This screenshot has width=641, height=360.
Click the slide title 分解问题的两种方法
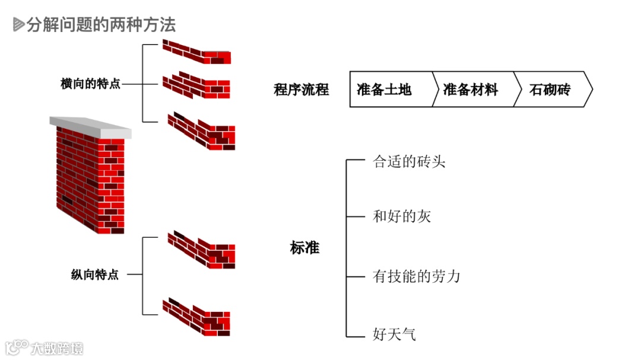coord(101,24)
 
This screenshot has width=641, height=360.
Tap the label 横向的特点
coord(90,84)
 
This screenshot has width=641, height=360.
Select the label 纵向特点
coord(95,275)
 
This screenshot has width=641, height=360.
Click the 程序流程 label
coord(301,90)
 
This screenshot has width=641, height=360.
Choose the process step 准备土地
coord(384,90)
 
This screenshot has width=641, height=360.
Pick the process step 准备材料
coord(471,90)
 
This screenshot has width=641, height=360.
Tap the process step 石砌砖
coord(550,90)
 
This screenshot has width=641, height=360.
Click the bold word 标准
coord(304,248)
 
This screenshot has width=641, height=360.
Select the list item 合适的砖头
coord(409,161)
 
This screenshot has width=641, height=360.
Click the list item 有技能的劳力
coord(417,276)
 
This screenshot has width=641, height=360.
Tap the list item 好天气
coord(395,334)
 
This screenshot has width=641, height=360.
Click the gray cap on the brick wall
coord(90,126)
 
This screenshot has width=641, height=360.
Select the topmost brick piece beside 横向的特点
coord(196,52)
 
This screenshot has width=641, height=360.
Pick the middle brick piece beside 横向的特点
coord(196,85)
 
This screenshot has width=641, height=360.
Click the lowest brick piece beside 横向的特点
coord(201,131)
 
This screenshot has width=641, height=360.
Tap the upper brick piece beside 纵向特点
coord(201,249)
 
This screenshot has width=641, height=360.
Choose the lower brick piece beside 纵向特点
coord(196,317)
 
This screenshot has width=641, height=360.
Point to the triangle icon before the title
coord(18,24)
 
